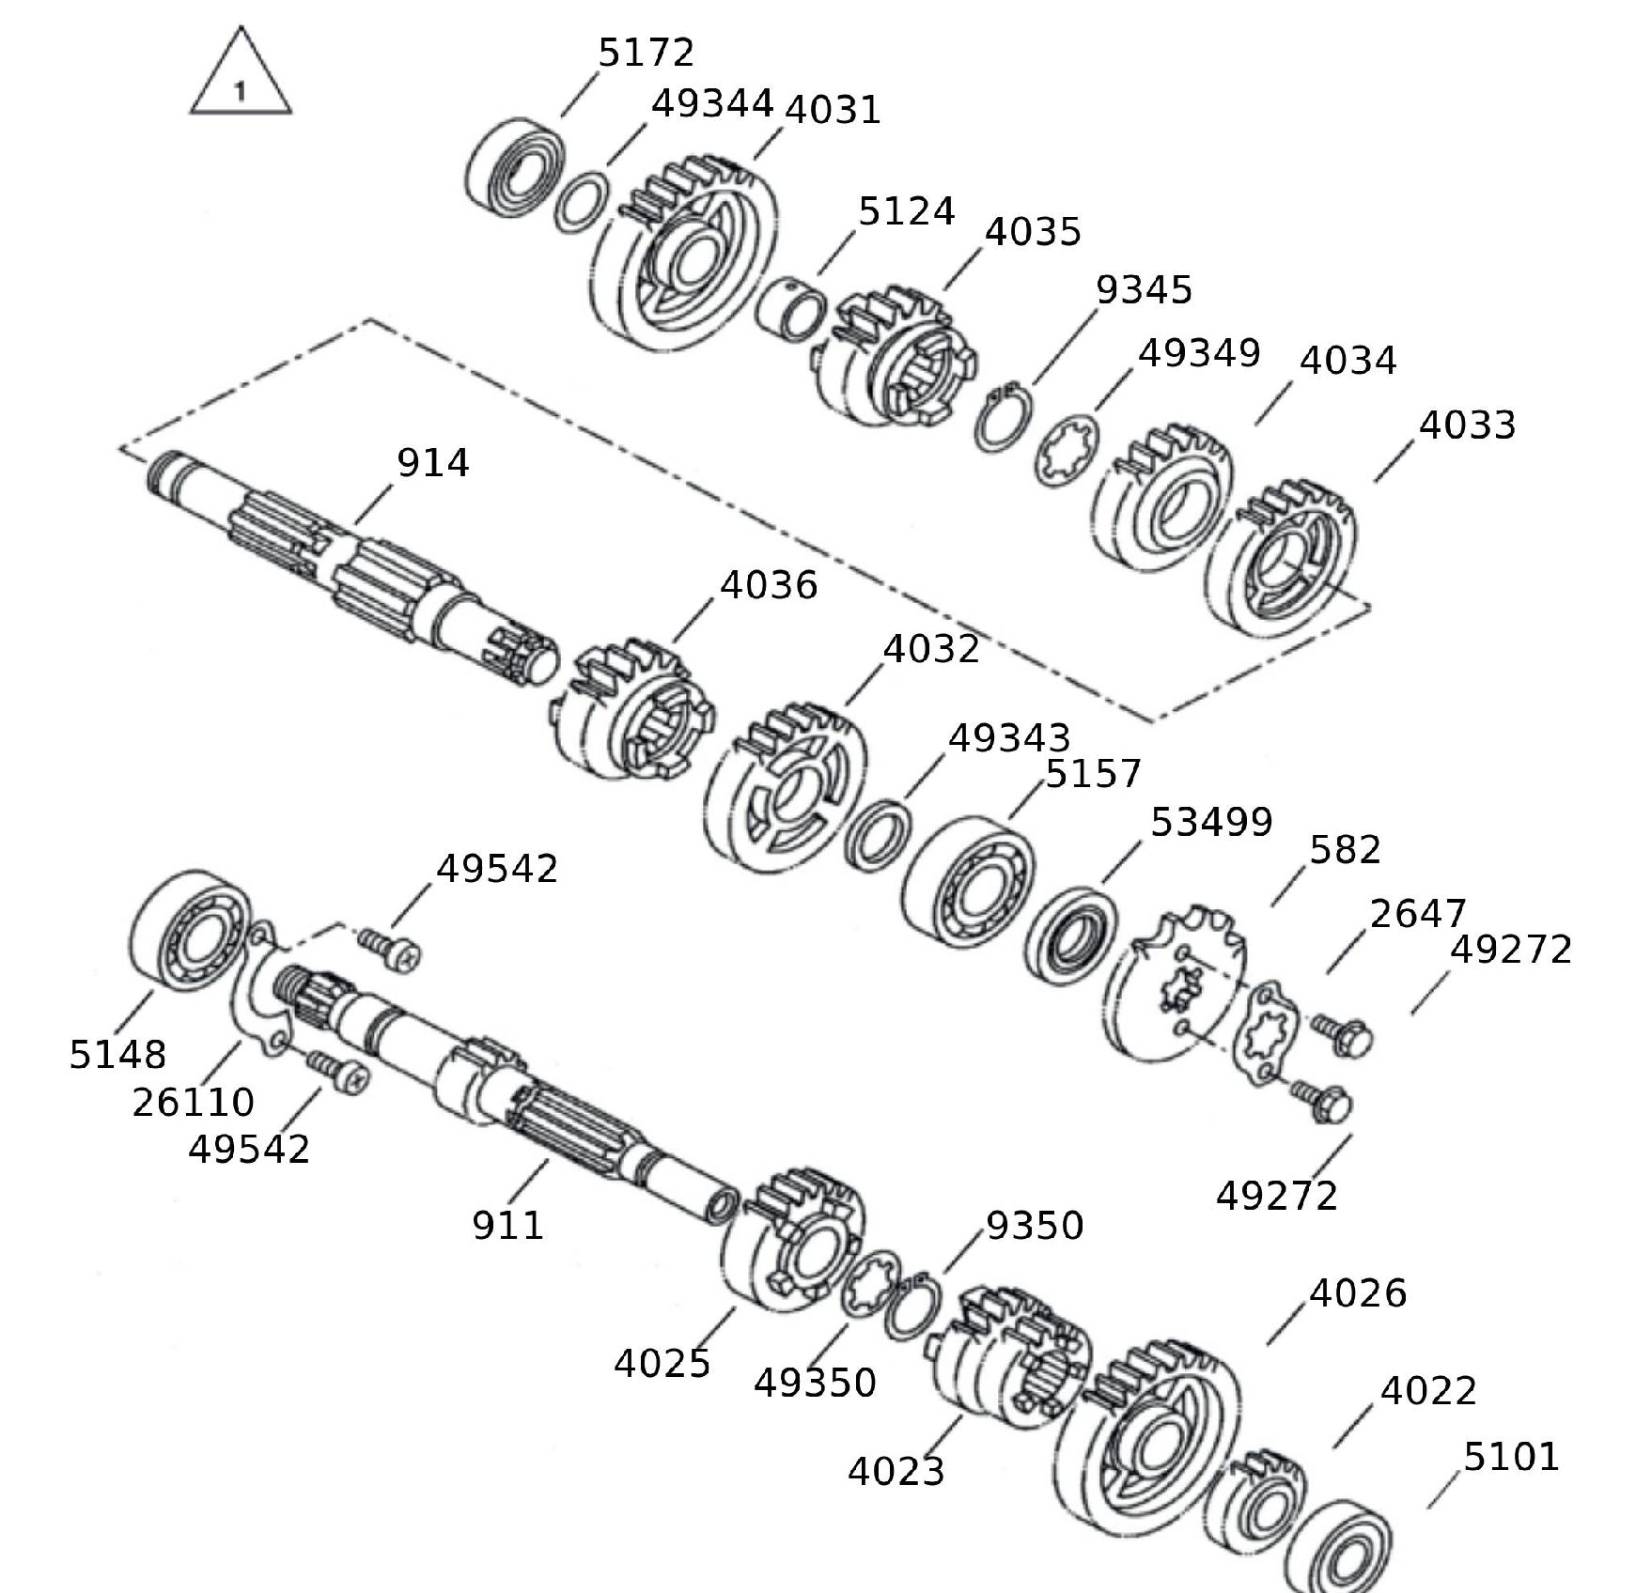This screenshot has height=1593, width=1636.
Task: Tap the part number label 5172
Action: tap(646, 53)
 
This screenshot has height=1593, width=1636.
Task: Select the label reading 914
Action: tap(432, 463)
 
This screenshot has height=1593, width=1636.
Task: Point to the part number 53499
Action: tap(1210, 822)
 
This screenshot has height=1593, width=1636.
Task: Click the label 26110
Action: tap(193, 1102)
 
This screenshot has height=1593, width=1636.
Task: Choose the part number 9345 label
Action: tap(1144, 290)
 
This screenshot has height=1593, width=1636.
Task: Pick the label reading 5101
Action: tap(1511, 1457)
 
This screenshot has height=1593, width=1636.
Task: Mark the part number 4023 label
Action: tap(896, 1471)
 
